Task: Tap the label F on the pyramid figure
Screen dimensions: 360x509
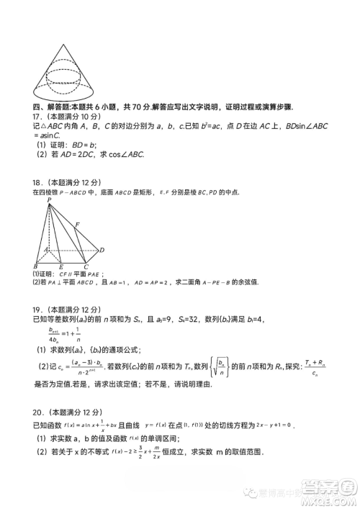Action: [x=77, y=225]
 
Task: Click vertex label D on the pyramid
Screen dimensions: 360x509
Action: [x=102, y=250]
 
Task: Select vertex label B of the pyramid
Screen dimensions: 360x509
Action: [x=36, y=266]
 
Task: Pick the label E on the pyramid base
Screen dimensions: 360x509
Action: [x=60, y=266]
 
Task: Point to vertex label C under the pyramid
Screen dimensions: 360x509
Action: [x=86, y=266]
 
